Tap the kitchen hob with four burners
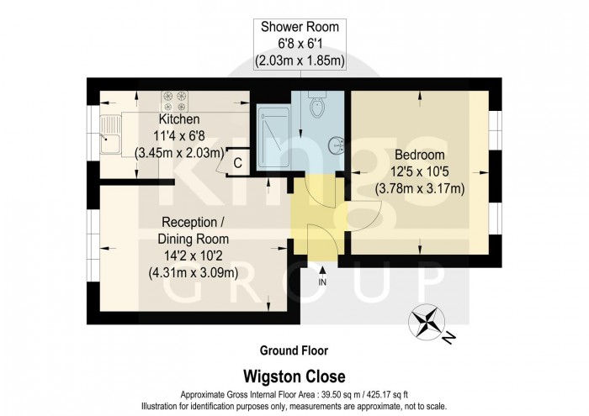tap(178, 102)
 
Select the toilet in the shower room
tap(316, 107)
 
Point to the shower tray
tap(273, 140)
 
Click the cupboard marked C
tap(237, 162)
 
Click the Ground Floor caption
tap(293, 350)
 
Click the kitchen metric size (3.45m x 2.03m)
tap(178, 153)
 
